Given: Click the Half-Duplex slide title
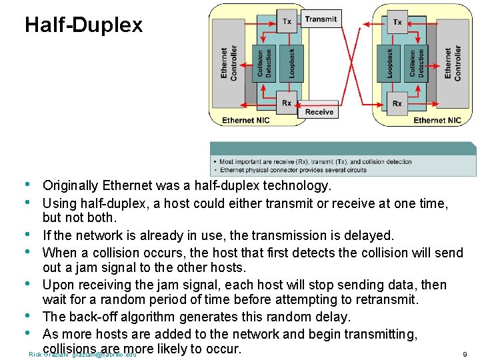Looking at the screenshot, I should (83, 25).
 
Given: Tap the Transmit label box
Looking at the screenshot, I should (321, 19).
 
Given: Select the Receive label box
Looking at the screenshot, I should (319, 111).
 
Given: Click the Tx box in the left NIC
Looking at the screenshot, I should (287, 21).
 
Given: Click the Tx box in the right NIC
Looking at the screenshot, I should (397, 21).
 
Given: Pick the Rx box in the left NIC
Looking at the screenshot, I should (287, 103).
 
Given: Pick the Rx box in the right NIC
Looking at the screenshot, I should (397, 103).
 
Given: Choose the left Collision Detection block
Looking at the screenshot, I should (265, 63).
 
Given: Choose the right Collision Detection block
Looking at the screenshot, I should (417, 63).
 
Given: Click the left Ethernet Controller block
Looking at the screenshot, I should (229, 63).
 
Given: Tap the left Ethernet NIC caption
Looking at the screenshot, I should (246, 120).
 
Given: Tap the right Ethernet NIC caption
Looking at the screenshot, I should (437, 120).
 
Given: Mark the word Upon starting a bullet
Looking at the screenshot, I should (58, 285).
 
